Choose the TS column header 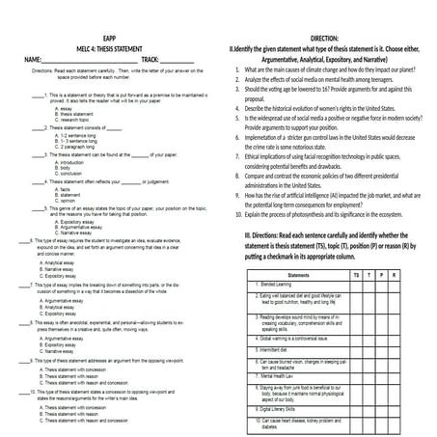coord(358,275)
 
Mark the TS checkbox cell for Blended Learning coord(358,286)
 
